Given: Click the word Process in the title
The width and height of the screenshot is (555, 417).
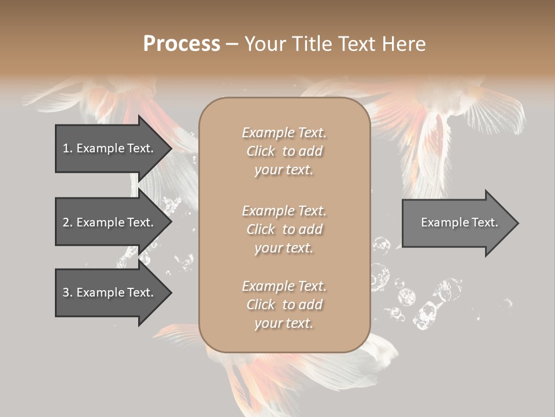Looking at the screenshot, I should (x=182, y=44).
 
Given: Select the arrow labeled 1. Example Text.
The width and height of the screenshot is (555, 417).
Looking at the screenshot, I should (x=110, y=148).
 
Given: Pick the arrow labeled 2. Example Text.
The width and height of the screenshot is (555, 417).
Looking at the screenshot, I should (x=110, y=222).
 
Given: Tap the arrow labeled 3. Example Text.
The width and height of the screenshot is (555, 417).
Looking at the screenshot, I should (x=110, y=292).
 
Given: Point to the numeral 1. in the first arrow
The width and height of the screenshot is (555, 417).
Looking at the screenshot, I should (x=67, y=148).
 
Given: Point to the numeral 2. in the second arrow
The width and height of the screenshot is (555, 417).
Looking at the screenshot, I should (x=67, y=222).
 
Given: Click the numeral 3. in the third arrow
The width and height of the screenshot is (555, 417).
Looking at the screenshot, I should (x=67, y=292).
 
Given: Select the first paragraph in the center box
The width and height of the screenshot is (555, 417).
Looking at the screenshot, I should (x=284, y=151).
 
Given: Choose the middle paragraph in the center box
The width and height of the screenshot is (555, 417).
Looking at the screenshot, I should (x=284, y=229).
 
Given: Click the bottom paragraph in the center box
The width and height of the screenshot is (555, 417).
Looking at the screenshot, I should (x=284, y=305).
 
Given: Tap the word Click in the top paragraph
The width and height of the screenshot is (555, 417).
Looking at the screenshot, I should (x=261, y=151).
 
